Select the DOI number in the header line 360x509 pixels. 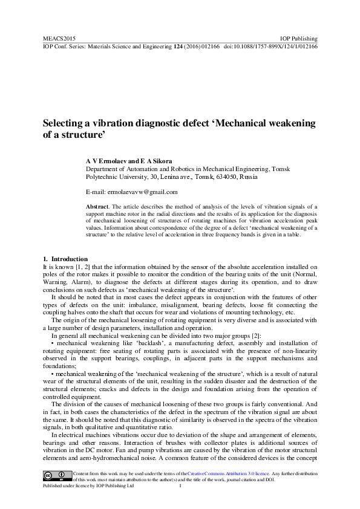pos(279,45)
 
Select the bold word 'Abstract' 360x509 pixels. pos(98,207)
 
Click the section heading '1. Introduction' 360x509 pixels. pos(65,259)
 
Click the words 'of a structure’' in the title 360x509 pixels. pos(74,136)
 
